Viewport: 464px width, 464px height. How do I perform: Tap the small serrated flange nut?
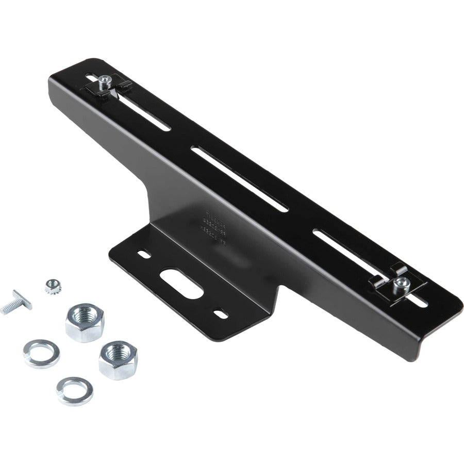pyautogui.click(x=53, y=286)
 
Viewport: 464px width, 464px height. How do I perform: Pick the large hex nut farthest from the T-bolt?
pyautogui.click(x=118, y=359)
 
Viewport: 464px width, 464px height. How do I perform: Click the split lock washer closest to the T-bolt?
pyautogui.click(x=41, y=353)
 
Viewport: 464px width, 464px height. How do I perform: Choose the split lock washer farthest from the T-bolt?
pyautogui.click(x=75, y=390)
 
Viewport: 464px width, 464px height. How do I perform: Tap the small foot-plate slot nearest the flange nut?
pyautogui.click(x=144, y=254)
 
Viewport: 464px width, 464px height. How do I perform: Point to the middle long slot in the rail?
pyautogui.click(x=240, y=178)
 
